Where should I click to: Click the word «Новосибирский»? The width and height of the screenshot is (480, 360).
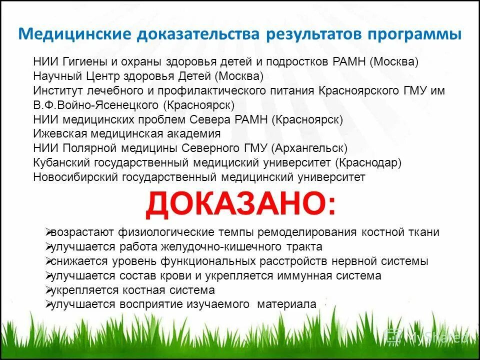tap(73, 177)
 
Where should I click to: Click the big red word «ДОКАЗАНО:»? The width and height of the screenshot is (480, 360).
tap(240, 204)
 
